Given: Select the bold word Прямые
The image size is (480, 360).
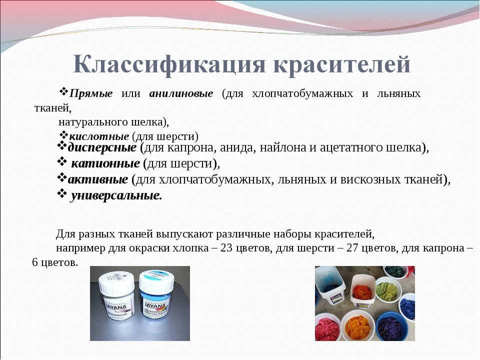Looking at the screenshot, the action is [x=91, y=93].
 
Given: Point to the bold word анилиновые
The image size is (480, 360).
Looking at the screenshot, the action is [x=181, y=93].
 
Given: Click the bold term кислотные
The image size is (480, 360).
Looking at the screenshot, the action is [x=99, y=136].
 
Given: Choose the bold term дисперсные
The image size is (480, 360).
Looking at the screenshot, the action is [x=102, y=148].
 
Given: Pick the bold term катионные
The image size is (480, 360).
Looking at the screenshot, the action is [x=105, y=163].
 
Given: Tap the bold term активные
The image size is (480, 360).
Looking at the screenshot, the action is [x=98, y=179].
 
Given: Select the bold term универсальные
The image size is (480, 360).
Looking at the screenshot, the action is [x=116, y=195].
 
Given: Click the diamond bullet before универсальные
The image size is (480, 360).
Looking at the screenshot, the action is [x=62, y=193].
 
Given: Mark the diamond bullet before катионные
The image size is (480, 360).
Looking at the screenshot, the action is [x=62, y=161].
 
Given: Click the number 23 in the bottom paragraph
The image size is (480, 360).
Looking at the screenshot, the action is [x=226, y=247].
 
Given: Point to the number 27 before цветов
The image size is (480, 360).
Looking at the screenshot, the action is [x=352, y=247].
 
